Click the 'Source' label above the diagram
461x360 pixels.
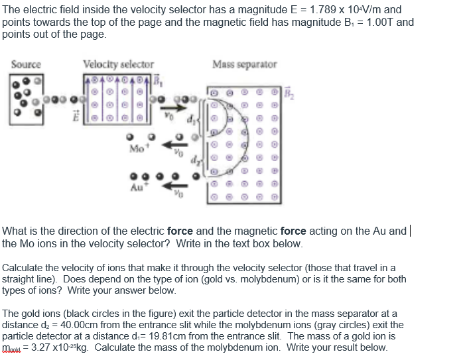click(26, 64)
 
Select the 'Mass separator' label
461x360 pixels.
click(245, 64)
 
